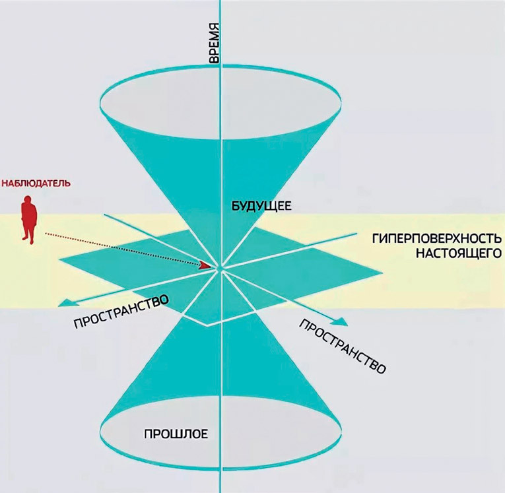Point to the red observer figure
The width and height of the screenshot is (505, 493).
(x=28, y=219)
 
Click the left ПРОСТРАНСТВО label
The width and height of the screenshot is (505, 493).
(x=121, y=312)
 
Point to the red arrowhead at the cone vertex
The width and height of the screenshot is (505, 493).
(x=213, y=266)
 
